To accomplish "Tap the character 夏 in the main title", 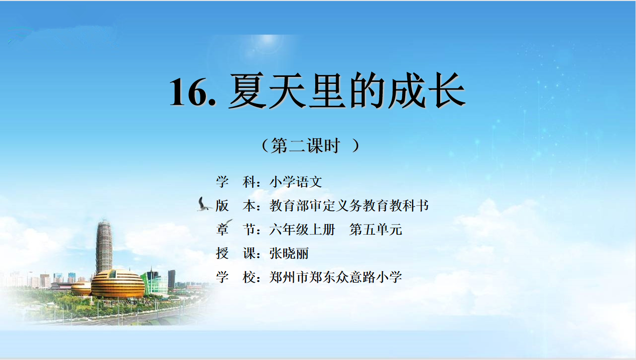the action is click(x=247, y=91).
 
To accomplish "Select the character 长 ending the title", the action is click(x=447, y=90).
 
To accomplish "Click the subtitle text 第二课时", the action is click(x=305, y=146).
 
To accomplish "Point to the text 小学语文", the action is click(x=296, y=182).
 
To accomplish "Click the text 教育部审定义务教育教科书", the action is click(x=349, y=206).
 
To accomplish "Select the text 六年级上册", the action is click(x=302, y=230).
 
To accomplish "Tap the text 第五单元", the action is click(x=376, y=230).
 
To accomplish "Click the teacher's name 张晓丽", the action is click(x=289, y=253).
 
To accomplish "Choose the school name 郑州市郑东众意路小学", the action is click(x=336, y=277).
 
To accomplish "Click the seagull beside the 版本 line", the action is click(x=204, y=204).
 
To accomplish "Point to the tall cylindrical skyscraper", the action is click(x=104, y=246).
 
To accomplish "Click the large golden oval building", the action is click(x=118, y=284).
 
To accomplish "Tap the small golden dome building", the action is click(x=81, y=289).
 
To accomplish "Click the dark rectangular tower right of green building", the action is click(x=171, y=279).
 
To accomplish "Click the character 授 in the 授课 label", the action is click(x=222, y=253).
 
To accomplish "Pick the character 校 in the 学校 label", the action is click(x=249, y=277).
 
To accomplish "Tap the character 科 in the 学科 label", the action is click(x=249, y=182).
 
